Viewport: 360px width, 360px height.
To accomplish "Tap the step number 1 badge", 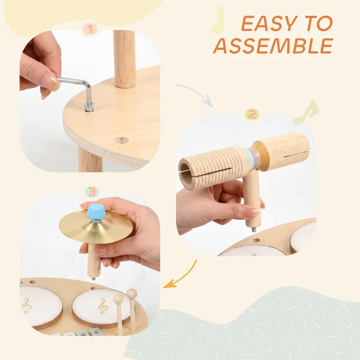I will (90, 30).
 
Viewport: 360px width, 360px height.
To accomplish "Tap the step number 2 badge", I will (252, 115).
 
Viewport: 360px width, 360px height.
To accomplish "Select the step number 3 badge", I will (92, 192).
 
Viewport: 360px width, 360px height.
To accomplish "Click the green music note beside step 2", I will (306, 113).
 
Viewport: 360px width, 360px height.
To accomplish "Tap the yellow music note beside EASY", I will (218, 20).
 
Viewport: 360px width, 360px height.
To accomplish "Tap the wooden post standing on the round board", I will (124, 58).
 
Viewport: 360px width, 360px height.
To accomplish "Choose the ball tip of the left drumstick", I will (118, 298).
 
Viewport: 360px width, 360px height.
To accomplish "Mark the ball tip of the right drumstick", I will (131, 294).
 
